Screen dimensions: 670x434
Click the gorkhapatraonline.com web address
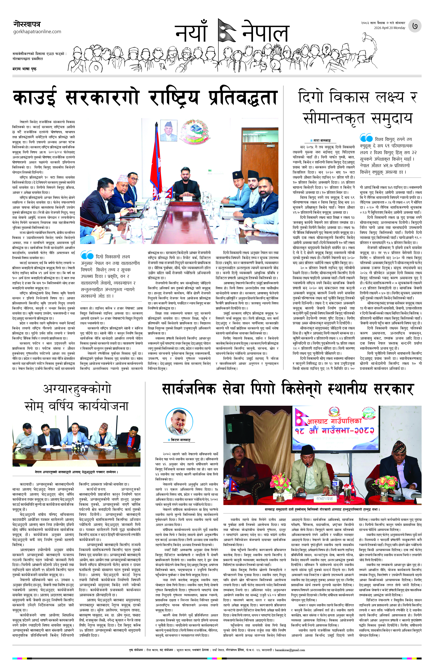point(37,32)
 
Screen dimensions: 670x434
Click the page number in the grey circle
point(415,26)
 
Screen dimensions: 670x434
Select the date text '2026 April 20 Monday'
point(389,28)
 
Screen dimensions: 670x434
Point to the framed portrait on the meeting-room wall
point(168,130)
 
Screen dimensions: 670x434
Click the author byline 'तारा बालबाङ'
point(322,140)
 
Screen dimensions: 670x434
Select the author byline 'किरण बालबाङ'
point(181,440)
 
